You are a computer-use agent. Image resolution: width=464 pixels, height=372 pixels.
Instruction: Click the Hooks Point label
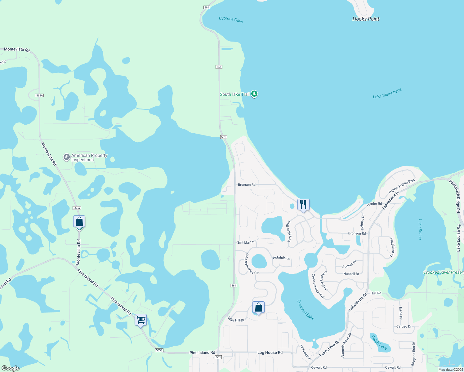pyautogui.click(x=366, y=19)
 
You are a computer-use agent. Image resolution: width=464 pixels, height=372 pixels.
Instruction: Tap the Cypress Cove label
pyautogui.click(x=231, y=20)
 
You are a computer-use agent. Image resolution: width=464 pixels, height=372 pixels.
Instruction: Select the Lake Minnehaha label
pyautogui.click(x=387, y=93)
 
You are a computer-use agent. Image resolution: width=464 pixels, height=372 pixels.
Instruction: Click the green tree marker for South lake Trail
pyautogui.click(x=254, y=94)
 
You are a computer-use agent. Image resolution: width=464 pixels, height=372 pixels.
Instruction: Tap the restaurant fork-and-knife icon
pyautogui.click(x=303, y=205)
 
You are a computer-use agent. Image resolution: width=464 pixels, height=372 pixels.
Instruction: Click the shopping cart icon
pyautogui.click(x=141, y=320)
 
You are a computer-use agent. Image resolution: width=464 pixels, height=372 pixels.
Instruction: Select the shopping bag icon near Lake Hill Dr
pyautogui.click(x=258, y=308)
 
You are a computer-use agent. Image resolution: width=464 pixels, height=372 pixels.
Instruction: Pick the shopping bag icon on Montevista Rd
pyautogui.click(x=79, y=222)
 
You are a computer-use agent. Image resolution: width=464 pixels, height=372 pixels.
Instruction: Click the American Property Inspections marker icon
pyautogui.click(x=66, y=157)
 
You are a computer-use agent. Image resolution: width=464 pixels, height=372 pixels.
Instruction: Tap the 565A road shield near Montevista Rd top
pyautogui.click(x=39, y=95)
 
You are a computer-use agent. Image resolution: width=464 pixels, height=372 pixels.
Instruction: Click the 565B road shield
pyautogui.click(x=159, y=350)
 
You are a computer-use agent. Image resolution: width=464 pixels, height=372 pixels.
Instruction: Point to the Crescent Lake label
pyautogui.click(x=306, y=309)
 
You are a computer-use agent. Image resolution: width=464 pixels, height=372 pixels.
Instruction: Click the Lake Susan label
pyautogui.click(x=420, y=229)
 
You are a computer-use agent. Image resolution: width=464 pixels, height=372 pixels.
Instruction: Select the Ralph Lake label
pyautogui.click(x=379, y=343)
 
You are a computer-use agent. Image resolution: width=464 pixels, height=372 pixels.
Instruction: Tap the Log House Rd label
pyautogui.click(x=270, y=352)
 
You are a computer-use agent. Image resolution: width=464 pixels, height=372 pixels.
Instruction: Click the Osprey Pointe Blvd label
pyautogui.click(x=402, y=186)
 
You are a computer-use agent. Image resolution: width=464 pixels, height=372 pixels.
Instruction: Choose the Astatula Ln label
pyautogui.click(x=281, y=258)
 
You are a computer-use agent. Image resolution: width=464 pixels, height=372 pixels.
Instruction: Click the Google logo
pyautogui.click(x=11, y=368)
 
